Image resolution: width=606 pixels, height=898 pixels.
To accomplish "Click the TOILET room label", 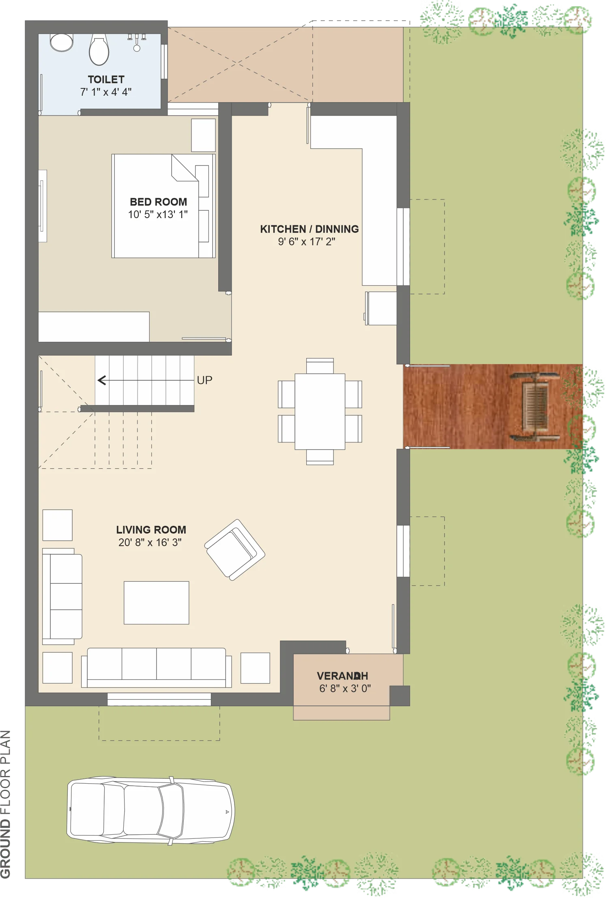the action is pyautogui.click(x=106, y=79).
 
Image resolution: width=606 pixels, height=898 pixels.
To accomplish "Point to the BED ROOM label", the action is pyautogui.click(x=159, y=202).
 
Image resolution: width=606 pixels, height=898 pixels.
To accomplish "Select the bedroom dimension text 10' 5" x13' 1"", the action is pyautogui.click(x=158, y=214).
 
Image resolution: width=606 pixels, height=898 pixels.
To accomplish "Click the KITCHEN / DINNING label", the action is pyautogui.click(x=309, y=229).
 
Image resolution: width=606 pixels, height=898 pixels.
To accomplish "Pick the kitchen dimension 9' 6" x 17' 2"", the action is pyautogui.click(x=307, y=242).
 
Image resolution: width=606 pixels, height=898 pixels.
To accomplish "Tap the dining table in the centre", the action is pyautogui.click(x=320, y=411).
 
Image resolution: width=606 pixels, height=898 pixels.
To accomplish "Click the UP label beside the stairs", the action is pyautogui.click(x=204, y=380).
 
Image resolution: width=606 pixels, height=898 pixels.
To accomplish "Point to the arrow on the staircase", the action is pyautogui.click(x=146, y=380).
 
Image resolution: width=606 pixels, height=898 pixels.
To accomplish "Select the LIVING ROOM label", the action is pyautogui.click(x=151, y=530).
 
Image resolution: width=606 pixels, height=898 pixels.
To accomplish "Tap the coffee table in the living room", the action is pyautogui.click(x=157, y=603).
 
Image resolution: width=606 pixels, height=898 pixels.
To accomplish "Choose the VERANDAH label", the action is pyautogui.click(x=343, y=676).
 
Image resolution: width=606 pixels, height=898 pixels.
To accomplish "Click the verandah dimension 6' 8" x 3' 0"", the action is pyautogui.click(x=345, y=688).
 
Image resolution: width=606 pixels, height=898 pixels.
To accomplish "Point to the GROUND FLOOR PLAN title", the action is pyautogui.click(x=6, y=804).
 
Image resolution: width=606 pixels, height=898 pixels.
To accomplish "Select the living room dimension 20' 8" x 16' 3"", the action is pyautogui.click(x=150, y=542).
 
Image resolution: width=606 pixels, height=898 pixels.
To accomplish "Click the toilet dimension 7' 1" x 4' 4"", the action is pyautogui.click(x=106, y=92).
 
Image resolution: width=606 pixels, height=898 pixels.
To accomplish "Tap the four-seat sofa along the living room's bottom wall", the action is pyautogui.click(x=157, y=667).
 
